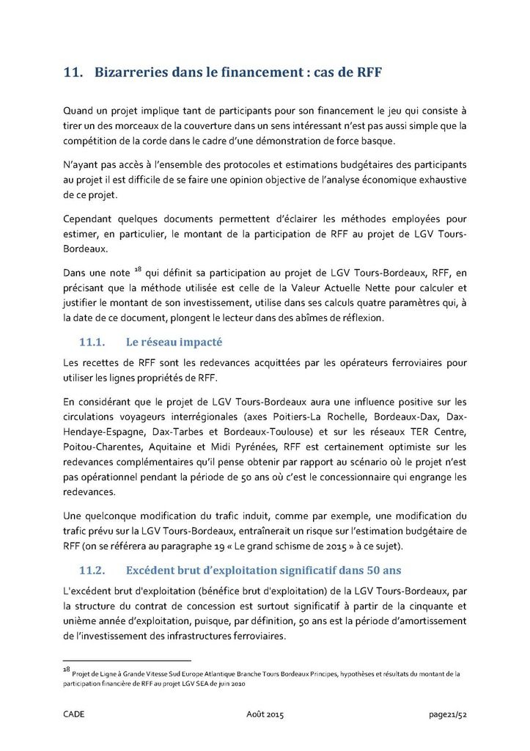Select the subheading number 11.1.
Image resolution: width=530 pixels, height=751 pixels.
point(93,342)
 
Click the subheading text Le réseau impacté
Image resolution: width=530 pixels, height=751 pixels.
point(174,342)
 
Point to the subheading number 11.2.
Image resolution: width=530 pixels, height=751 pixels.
point(93,569)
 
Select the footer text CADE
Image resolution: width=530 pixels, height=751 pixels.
point(74,714)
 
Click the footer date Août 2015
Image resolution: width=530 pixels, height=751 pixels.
point(264,714)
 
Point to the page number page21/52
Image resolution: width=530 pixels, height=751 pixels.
point(448,714)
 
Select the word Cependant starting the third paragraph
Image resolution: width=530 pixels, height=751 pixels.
point(92,219)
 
